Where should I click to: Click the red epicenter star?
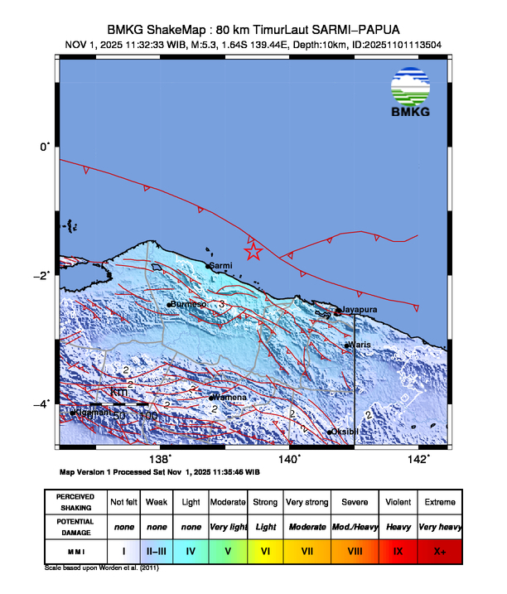click(254, 253)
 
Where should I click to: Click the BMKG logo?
click(411, 93)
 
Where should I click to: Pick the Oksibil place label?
click(345, 432)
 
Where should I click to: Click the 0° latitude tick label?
click(45, 147)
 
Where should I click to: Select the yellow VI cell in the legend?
click(266, 549)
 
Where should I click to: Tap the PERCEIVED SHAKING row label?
click(76, 502)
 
